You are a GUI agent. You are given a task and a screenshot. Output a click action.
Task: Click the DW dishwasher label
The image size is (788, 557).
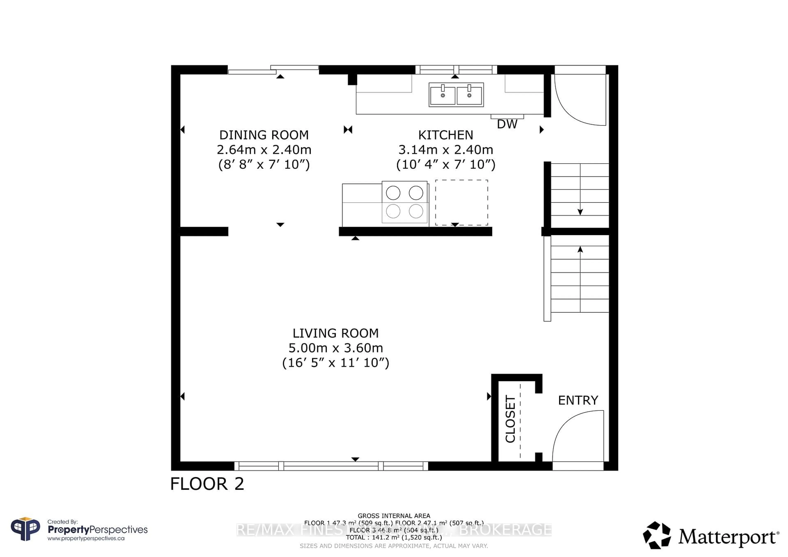pyautogui.click(x=507, y=124)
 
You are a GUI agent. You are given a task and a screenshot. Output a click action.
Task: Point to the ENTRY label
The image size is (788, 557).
pyautogui.click(x=578, y=400)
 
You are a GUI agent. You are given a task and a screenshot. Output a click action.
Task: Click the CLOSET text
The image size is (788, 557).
pyautogui.click(x=510, y=419)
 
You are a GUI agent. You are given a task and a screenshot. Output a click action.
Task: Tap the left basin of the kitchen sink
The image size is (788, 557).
pyautogui.click(x=442, y=96)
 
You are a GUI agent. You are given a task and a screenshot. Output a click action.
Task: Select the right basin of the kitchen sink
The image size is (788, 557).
pyautogui.click(x=469, y=96)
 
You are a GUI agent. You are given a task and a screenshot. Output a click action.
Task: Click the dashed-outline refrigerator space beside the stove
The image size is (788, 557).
pyautogui.click(x=461, y=202)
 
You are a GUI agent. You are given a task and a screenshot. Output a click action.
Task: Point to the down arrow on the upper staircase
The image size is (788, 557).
pyautogui.click(x=580, y=212)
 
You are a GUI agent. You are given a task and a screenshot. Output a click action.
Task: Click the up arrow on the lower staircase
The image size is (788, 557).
pyautogui.click(x=580, y=250)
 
